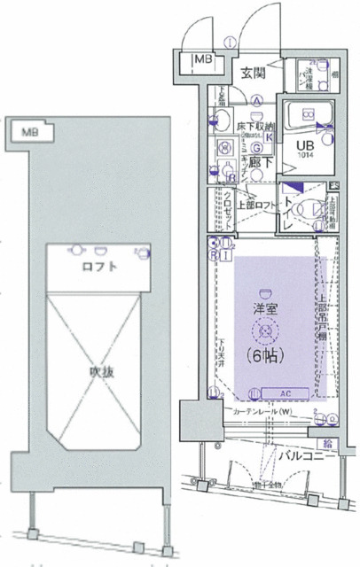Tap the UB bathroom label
(x=304, y=144)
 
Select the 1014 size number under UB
(x=304, y=155)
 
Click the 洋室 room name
(x=265, y=311)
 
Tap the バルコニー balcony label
(x=308, y=456)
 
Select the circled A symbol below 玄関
(x=256, y=100)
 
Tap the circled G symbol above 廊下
(x=255, y=147)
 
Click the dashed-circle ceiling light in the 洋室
(x=265, y=331)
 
